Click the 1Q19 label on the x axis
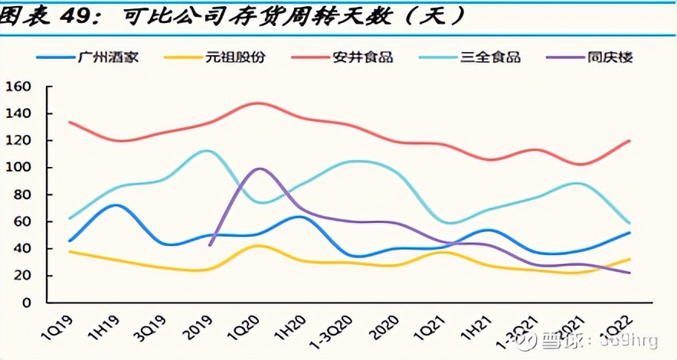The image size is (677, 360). pyautogui.click(x=57, y=326)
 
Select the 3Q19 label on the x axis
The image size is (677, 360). pyautogui.click(x=151, y=326)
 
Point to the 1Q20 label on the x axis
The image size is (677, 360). pyautogui.click(x=247, y=326)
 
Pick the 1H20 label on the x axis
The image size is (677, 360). pyautogui.click(x=293, y=326)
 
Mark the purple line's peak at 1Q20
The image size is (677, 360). pyautogui.click(x=260, y=169)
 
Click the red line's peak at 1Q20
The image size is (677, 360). pyautogui.click(x=259, y=103)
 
